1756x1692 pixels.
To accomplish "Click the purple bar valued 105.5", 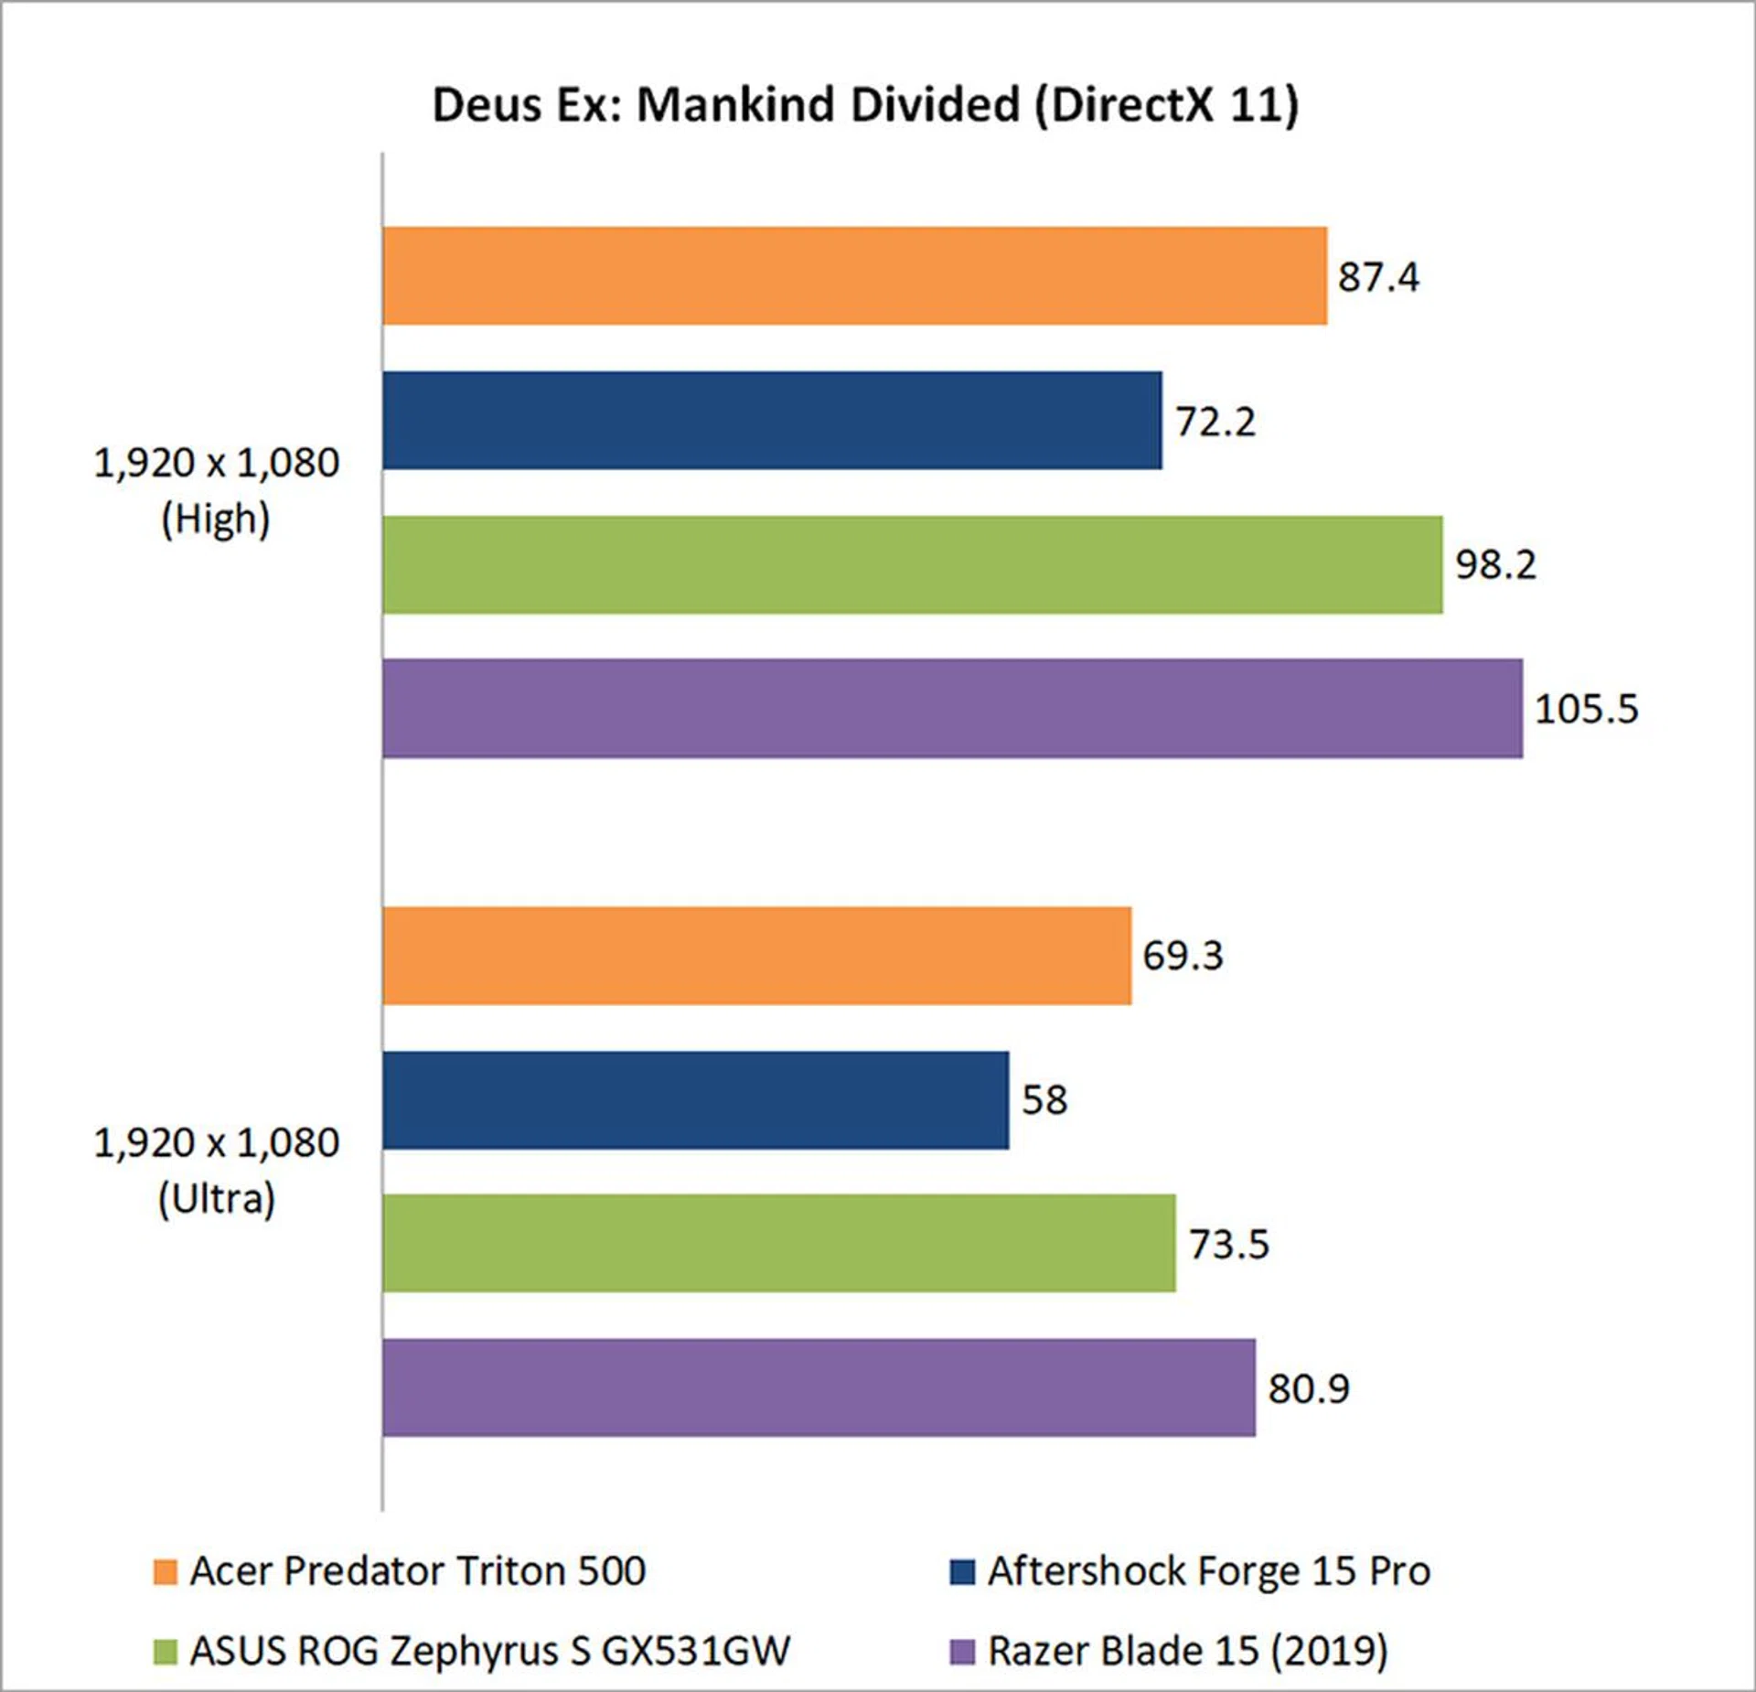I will (952, 708).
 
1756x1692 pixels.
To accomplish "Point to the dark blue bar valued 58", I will (695, 1099).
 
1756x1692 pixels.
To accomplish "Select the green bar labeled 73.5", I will (778, 1243).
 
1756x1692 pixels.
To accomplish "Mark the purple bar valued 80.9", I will (819, 1387).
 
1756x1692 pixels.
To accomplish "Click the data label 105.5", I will (1586, 710).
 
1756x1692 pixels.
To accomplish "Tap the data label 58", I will (1044, 1100).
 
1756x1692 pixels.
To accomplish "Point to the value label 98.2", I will (1495, 565).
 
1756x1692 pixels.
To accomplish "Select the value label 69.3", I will (1183, 957).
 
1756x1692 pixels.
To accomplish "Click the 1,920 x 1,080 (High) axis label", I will (217, 491).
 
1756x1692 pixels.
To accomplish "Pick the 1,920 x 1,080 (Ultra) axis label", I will (217, 1171).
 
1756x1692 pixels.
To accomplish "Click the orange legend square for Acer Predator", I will (166, 1572).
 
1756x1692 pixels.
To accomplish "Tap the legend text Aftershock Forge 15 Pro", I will (1208, 1571).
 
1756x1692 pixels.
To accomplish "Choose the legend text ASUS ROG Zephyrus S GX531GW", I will (489, 1651).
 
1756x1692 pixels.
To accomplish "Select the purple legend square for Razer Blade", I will (962, 1652).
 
